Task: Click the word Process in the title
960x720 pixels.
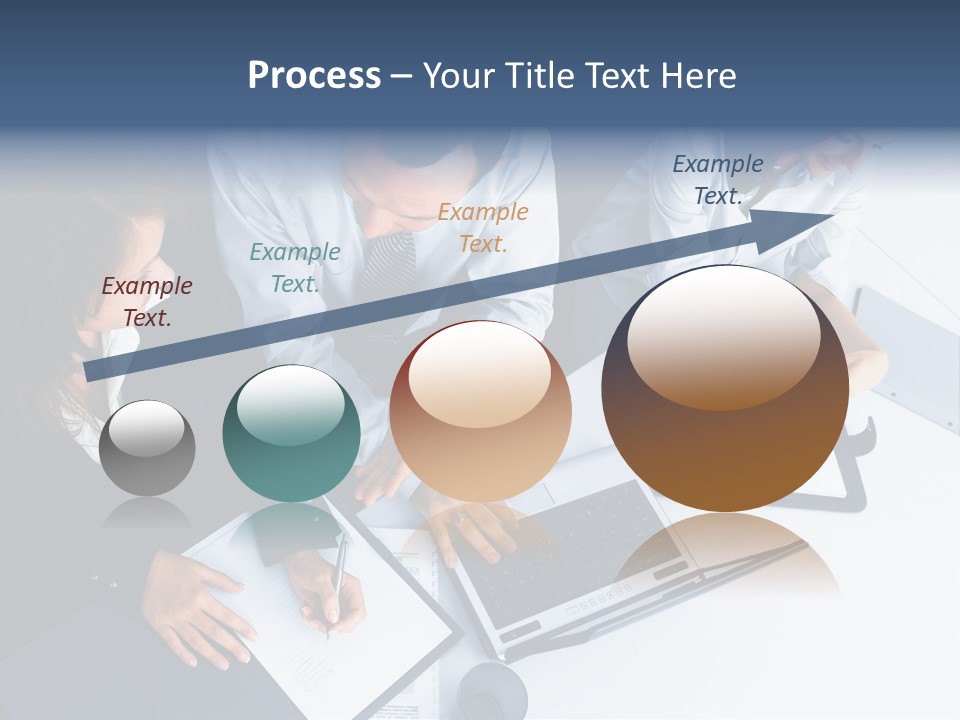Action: click(314, 76)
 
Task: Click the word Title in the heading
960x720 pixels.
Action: click(539, 76)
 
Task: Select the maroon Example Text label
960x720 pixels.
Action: click(147, 301)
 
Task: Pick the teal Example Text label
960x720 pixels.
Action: click(295, 268)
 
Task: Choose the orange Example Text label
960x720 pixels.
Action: click(483, 227)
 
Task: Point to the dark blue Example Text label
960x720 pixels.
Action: click(718, 180)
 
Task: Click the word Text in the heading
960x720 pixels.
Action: click(620, 76)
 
